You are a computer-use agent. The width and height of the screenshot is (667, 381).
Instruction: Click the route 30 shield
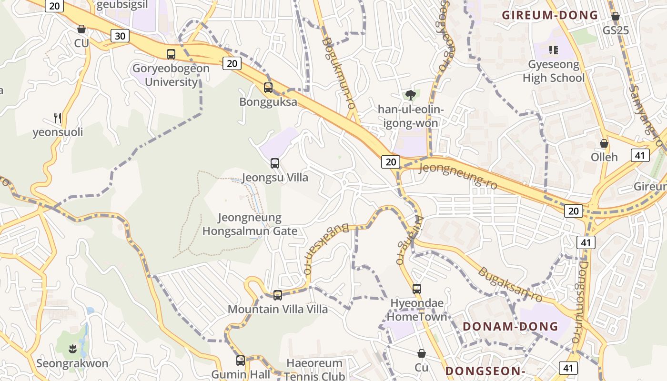tap(121, 36)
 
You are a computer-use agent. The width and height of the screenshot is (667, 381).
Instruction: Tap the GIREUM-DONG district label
tap(550, 15)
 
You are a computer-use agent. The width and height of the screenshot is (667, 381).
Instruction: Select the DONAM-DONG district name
tap(510, 326)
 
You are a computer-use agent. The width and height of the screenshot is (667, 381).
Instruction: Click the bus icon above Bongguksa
tap(268, 88)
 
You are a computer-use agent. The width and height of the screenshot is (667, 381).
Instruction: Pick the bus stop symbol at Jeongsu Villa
tap(275, 163)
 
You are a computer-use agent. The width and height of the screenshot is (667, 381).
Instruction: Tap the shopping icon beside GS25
tap(616, 17)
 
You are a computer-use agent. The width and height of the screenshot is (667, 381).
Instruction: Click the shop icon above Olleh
tap(604, 143)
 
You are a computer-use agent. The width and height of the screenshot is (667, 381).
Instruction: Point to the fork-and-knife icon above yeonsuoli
tap(58, 118)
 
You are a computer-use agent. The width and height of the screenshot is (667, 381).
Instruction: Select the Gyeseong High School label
tap(553, 71)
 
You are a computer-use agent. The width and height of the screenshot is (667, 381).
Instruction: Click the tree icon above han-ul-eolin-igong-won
tap(410, 95)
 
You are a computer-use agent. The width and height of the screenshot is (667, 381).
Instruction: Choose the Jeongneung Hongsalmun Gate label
tap(250, 224)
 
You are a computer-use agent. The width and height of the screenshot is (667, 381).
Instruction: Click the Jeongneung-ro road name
tap(457, 174)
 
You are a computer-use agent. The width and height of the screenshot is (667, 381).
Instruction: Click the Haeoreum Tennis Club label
tap(315, 370)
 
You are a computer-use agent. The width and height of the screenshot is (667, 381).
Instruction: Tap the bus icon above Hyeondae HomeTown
tap(417, 289)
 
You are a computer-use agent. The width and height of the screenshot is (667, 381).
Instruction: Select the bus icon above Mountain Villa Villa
tap(278, 295)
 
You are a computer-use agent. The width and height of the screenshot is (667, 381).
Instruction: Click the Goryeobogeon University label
tap(171, 75)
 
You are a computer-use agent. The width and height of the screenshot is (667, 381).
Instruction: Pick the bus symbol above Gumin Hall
tap(241, 361)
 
